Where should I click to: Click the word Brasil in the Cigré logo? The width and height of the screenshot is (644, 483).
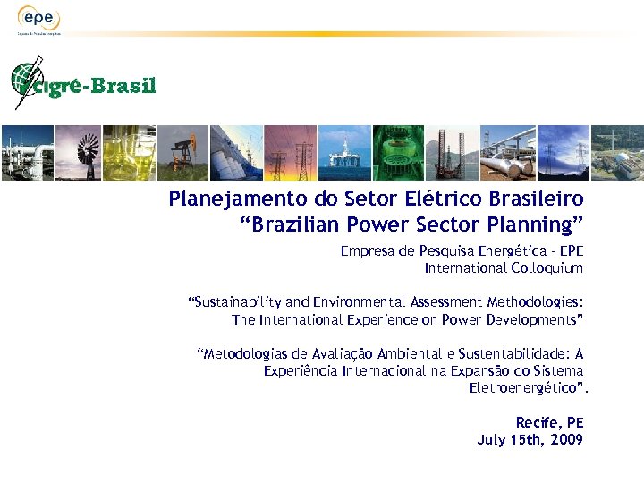click(125, 86)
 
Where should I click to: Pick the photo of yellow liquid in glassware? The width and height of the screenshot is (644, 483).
click(130, 153)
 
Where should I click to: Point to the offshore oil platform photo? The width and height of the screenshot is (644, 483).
click(344, 153)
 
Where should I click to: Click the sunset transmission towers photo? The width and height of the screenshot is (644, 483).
click(292, 153)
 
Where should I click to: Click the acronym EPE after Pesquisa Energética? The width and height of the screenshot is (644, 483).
click(570, 252)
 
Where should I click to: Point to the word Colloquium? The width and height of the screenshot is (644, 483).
click(547, 268)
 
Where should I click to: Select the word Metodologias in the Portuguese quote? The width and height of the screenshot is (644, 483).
click(239, 354)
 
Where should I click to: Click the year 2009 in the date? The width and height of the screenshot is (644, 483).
click(567, 439)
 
